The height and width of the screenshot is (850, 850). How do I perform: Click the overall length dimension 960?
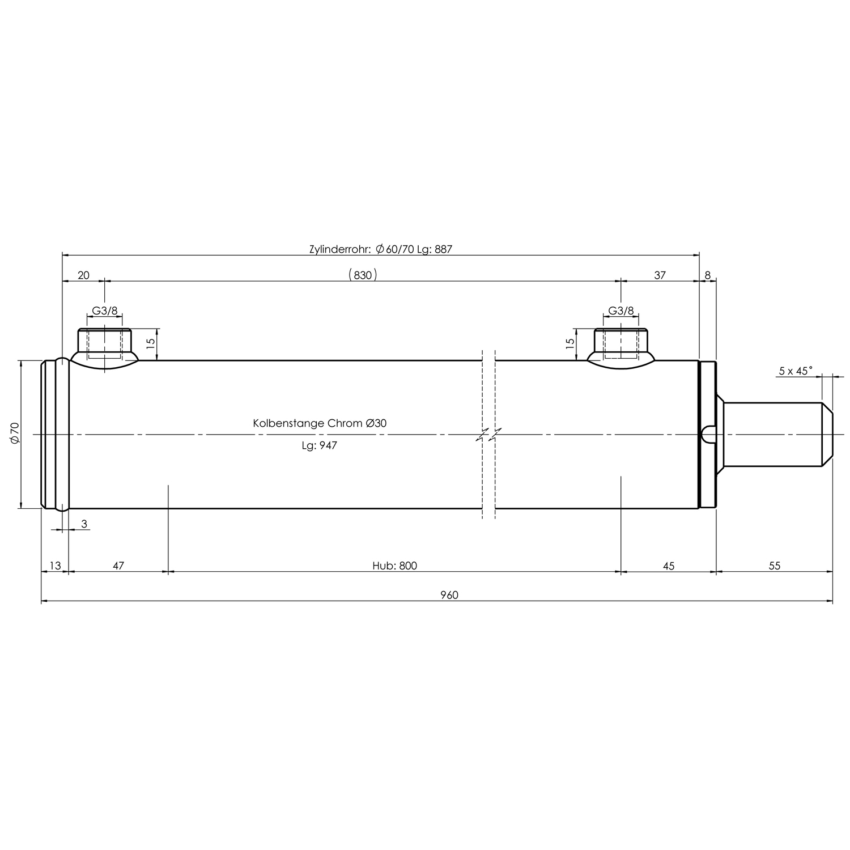pyautogui.click(x=449, y=595)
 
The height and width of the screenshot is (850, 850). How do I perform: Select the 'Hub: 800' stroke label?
pyautogui.click(x=394, y=566)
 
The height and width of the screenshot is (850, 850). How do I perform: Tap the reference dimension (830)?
pyautogui.click(x=363, y=275)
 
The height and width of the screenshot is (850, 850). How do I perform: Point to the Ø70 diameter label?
pyautogui.click(x=15, y=433)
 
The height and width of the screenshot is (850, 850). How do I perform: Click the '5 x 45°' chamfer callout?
pyautogui.click(x=796, y=371)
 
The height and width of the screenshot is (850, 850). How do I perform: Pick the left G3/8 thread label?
pyautogui.click(x=105, y=311)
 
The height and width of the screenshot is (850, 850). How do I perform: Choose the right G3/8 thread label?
pyautogui.click(x=621, y=311)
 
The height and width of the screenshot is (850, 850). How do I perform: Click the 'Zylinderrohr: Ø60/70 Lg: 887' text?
pyautogui.click(x=381, y=249)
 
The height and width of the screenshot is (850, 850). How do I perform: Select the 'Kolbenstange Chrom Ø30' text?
pyautogui.click(x=320, y=423)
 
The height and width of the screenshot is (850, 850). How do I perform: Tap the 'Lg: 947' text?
pyautogui.click(x=319, y=446)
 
